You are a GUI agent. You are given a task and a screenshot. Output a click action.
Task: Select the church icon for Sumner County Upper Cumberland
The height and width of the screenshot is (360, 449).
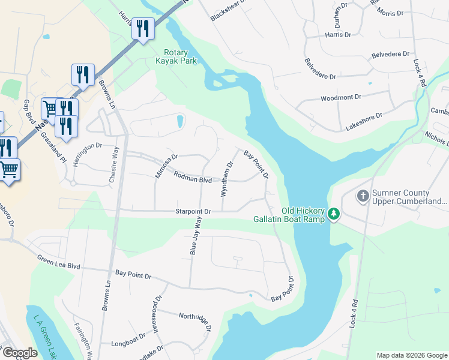click(363, 196)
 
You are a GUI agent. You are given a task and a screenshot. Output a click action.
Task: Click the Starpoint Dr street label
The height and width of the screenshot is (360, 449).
click(193, 211)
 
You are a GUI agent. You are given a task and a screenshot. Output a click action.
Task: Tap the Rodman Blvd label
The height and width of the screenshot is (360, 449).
click(193, 178)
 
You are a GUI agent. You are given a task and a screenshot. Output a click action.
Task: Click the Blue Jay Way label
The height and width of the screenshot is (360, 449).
click(194, 236)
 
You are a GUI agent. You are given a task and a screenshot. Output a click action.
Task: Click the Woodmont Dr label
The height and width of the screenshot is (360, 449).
click(340, 97)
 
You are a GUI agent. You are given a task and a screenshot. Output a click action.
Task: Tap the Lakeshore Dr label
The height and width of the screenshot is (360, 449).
click(364, 121)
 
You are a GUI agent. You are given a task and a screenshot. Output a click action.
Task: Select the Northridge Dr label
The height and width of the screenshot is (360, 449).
click(195, 321)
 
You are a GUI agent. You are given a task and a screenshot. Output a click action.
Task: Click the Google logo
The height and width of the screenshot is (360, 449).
click(20, 353)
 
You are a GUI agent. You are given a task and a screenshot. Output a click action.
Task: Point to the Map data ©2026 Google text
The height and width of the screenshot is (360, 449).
click(411, 355)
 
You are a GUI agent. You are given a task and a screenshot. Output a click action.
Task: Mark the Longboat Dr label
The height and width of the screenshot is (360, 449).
click(128, 344)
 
